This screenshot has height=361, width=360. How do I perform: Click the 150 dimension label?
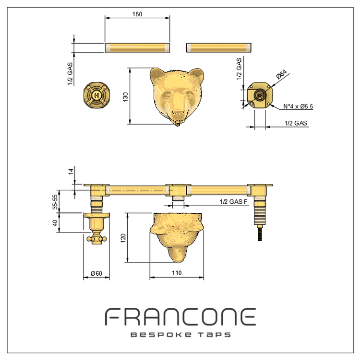pyautogui.click(x=137, y=14)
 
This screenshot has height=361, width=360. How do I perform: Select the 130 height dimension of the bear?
pyautogui.click(x=125, y=97)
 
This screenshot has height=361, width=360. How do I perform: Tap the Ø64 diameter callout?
pyautogui.click(x=281, y=74)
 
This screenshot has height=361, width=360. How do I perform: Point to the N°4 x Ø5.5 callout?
pyautogui.click(x=298, y=106)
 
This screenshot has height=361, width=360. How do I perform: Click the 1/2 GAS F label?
pyautogui.click(x=233, y=202)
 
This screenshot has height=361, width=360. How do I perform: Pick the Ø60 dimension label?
pyautogui.click(x=96, y=273)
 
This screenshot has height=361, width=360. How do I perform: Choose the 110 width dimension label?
pyautogui.click(x=177, y=273)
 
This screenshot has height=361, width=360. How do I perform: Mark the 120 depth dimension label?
pyautogui.click(x=123, y=238)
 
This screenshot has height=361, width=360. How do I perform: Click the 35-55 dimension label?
pyautogui.click(x=55, y=202)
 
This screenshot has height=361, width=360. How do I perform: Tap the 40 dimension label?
pyautogui.click(x=55, y=223)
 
